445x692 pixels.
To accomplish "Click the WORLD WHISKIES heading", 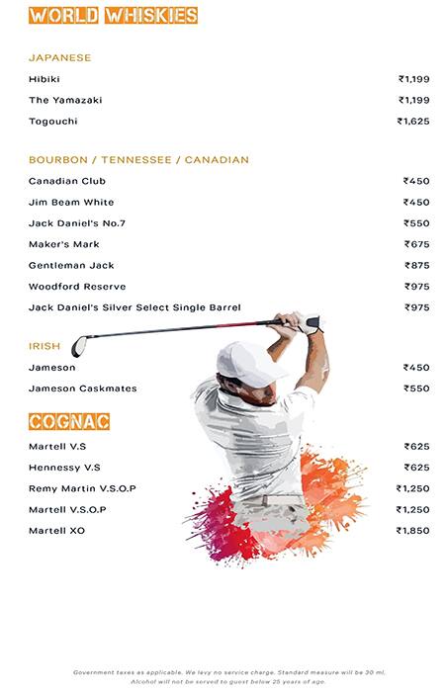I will [113, 16].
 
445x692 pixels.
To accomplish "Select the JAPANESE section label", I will [59, 58].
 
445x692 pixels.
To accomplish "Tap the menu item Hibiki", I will [45, 79].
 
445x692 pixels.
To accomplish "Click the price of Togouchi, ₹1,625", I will [413, 122].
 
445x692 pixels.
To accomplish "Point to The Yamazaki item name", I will [65, 101].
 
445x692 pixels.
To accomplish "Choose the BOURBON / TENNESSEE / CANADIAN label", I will [138, 160].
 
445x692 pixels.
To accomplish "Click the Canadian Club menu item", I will [67, 182].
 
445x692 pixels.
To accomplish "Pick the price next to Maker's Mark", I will [416, 244].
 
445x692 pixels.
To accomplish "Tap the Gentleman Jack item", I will [71, 266].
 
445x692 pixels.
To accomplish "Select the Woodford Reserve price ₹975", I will [416, 287].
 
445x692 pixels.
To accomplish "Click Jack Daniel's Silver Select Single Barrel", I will [134, 307].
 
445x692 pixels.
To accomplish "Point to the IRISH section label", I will [44, 347].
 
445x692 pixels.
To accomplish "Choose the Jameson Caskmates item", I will [83, 389].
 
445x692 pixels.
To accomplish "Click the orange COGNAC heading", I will [69, 422].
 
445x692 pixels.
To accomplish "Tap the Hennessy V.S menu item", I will [64, 468].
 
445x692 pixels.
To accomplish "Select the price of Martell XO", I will [413, 531].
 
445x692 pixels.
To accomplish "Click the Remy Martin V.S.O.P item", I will [82, 489].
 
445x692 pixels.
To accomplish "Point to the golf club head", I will [79, 346].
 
